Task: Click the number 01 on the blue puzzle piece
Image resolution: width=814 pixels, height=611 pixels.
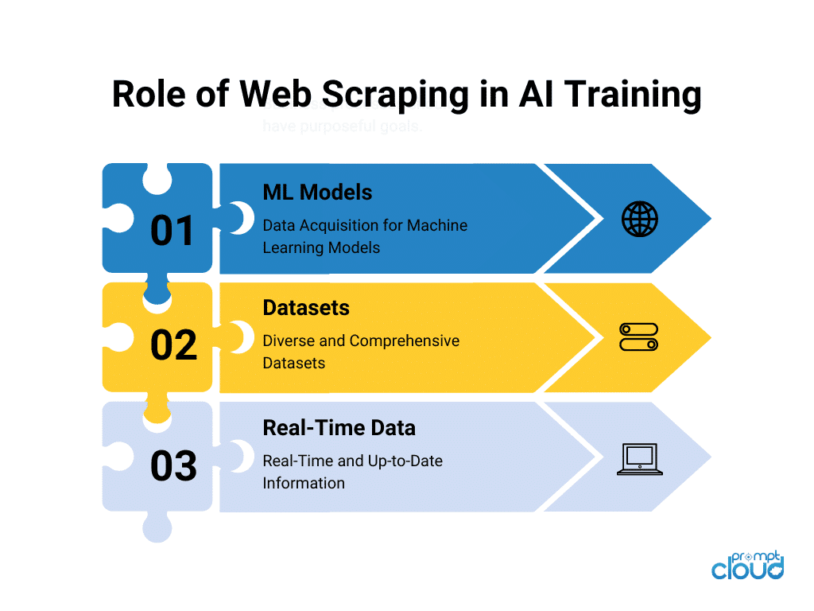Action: pos(172,231)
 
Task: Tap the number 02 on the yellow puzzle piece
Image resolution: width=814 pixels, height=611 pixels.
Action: pos(173,345)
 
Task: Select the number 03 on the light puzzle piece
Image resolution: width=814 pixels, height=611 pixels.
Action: pos(173,466)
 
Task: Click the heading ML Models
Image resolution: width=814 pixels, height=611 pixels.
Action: pos(317,192)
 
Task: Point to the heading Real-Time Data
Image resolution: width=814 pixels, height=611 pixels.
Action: pos(339,427)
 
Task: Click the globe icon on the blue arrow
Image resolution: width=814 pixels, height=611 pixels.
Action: pos(639,219)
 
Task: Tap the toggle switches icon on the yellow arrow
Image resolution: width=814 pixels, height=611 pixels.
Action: pos(638,337)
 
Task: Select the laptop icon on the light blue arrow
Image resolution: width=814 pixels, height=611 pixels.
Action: pos(639,460)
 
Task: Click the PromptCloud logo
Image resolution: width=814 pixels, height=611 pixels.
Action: pos(747,566)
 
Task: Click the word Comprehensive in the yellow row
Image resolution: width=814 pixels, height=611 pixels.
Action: pos(405,341)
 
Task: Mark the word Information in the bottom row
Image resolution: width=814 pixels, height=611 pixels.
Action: pos(304,483)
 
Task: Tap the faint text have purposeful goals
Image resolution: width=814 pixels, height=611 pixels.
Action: pos(342,127)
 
